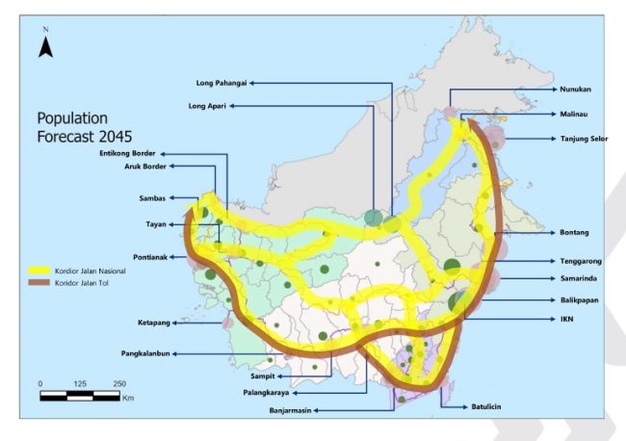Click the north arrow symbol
[x=45, y=45]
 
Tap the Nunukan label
[x=576, y=90]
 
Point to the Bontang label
[x=575, y=233]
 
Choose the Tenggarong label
[x=580, y=260]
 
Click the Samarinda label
[x=579, y=279]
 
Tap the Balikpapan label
[x=580, y=300]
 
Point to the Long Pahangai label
[x=223, y=83]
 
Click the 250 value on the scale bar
[x=120, y=383]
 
